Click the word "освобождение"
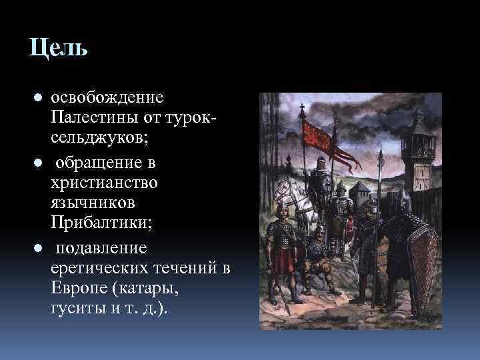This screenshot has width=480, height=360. pyautogui.click(x=107, y=97)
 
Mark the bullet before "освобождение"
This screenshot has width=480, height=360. pyautogui.click(x=38, y=98)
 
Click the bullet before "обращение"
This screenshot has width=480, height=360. pyautogui.click(x=38, y=162)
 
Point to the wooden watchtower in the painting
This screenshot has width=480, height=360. pyautogui.click(x=422, y=153)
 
